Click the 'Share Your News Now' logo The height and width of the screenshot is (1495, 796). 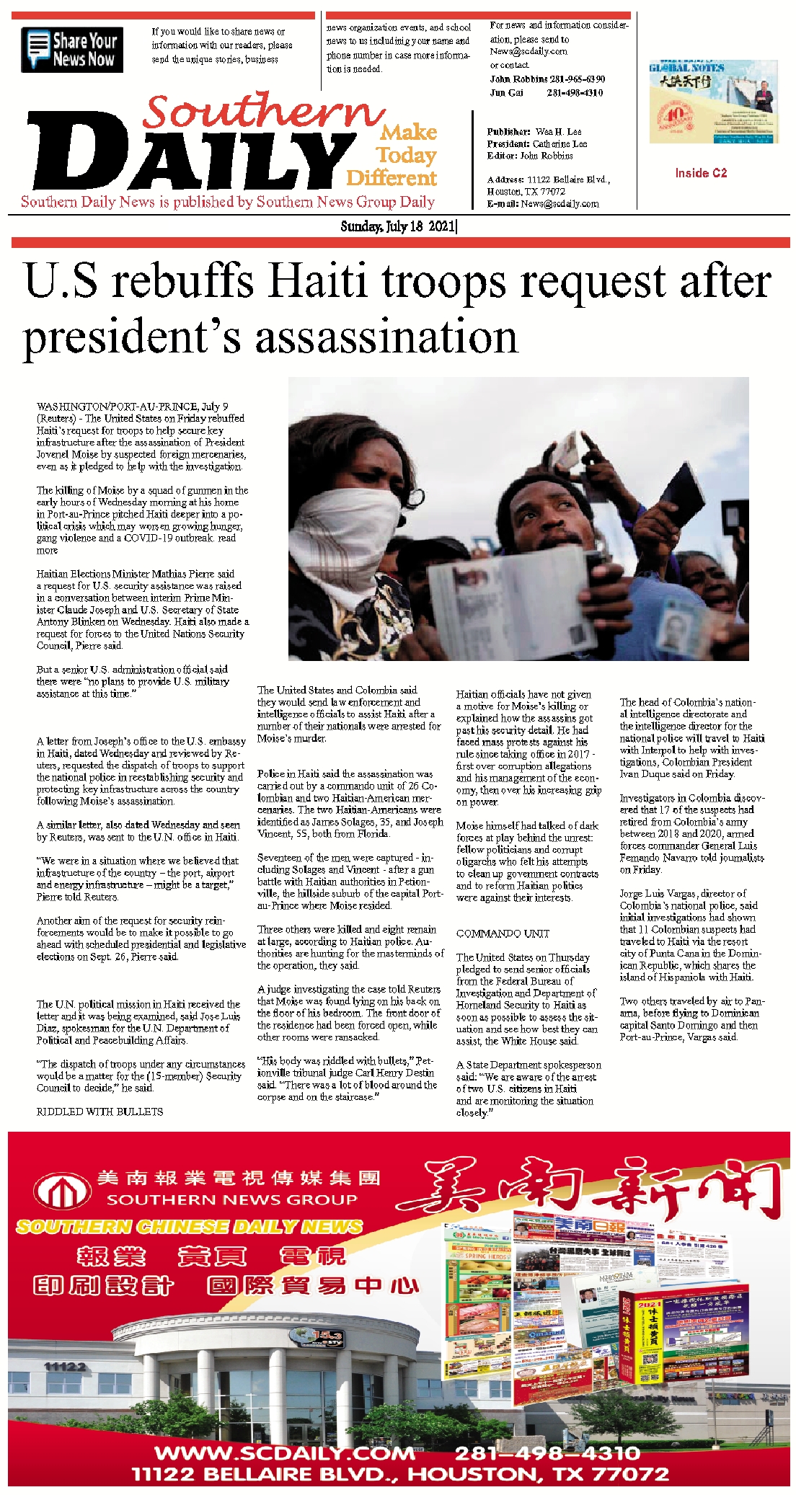72,50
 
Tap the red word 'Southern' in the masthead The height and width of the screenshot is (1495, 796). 263,112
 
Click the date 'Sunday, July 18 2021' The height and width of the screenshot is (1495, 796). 397,226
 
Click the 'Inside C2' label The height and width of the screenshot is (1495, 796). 701,173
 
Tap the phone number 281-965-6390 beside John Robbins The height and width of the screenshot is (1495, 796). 576,79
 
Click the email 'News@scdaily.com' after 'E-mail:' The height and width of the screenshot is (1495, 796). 560,204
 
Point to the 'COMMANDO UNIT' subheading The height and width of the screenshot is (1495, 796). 503,933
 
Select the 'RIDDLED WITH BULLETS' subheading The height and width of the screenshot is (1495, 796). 99,1112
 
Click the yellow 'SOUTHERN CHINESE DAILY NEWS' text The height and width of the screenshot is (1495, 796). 189,1226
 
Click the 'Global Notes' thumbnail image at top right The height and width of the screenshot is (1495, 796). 713,102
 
